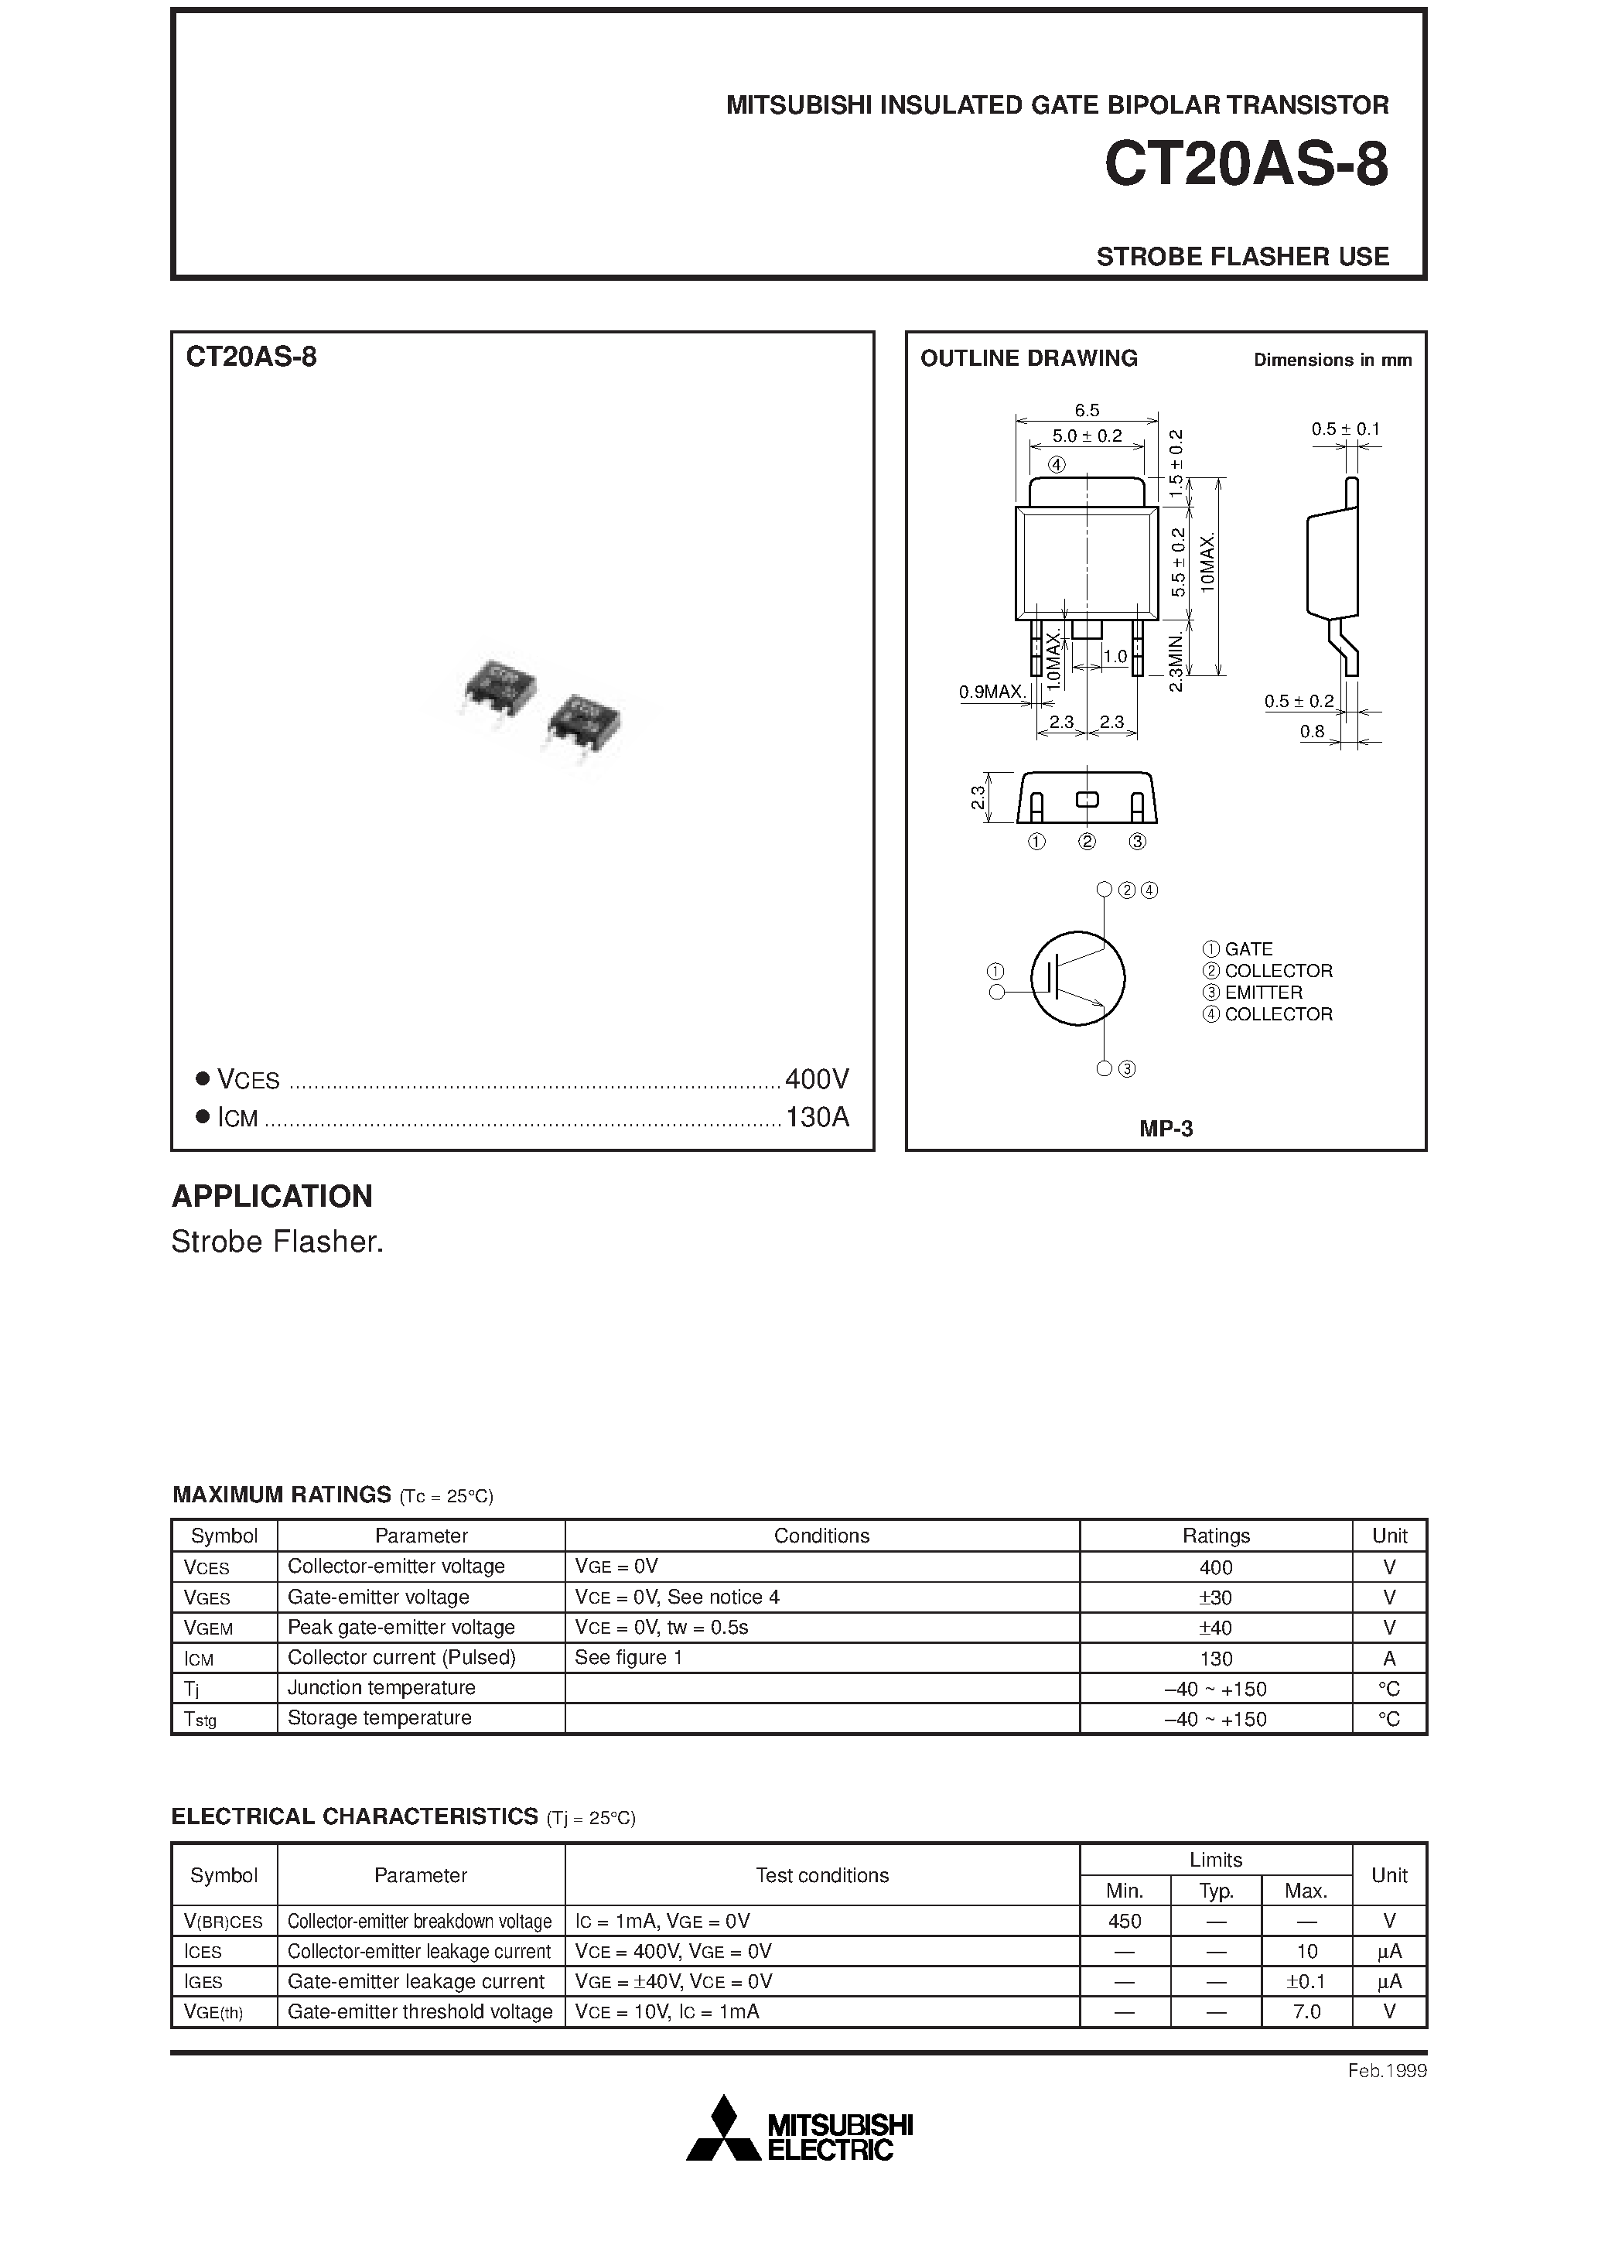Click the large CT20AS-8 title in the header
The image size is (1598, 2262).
point(1245,165)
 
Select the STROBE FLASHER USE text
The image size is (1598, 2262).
point(1241,256)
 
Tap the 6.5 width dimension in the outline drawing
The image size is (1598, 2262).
point(1086,410)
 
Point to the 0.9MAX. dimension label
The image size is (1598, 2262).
point(992,692)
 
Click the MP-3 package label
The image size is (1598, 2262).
point(1166,1129)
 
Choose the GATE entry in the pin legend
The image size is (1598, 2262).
point(1248,948)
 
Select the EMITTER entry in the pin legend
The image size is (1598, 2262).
point(1262,992)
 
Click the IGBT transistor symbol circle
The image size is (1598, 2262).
point(1077,979)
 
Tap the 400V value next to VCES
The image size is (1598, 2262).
point(817,1080)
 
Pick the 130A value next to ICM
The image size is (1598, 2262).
point(817,1117)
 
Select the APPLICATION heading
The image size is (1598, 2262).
point(272,1196)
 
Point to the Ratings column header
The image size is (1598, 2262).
point(1215,1536)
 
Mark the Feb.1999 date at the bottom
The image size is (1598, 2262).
point(1386,2071)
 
